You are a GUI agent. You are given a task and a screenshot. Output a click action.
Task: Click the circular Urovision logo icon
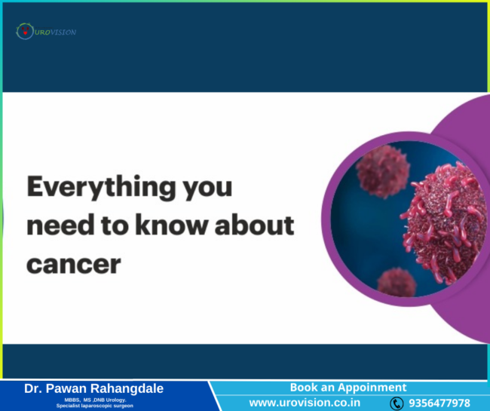(24, 32)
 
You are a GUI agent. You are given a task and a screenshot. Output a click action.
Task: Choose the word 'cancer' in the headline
(73, 264)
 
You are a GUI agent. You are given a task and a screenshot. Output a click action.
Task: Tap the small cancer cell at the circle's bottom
(396, 282)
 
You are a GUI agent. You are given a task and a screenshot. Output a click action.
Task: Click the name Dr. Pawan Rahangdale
(93, 388)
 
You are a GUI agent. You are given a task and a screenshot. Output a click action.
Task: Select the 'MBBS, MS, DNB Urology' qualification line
(94, 399)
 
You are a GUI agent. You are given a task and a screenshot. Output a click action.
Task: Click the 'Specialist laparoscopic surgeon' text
(94, 406)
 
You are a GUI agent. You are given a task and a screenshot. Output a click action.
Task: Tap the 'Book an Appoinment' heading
(348, 388)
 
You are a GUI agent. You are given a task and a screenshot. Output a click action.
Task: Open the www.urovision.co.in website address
(305, 403)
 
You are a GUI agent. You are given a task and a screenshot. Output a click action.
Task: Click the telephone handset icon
(397, 403)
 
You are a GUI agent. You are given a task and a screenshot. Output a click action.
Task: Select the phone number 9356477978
(439, 403)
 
